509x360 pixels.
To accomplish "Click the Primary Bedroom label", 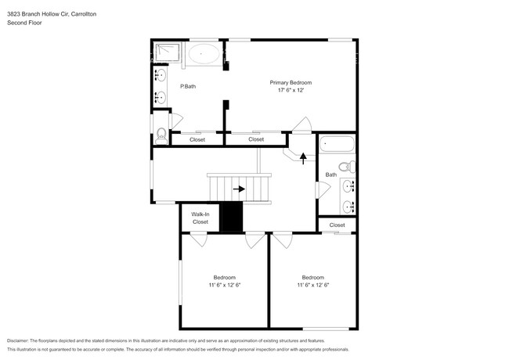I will coord(291,82).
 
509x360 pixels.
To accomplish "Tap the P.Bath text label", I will coord(187,86).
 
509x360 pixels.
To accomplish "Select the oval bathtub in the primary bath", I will coord(205,55).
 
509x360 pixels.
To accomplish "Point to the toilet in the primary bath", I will coord(161,135).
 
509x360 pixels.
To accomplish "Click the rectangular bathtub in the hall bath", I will coord(338,145).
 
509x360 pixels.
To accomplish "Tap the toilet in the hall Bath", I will coord(350,166).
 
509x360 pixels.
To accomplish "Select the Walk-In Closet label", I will coord(200,218).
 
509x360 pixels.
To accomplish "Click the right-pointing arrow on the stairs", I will coord(238,189).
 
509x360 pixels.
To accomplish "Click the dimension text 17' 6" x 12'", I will coord(291,91).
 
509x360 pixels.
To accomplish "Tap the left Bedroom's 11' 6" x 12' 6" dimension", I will coord(225,285).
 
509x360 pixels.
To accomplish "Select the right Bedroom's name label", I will coord(313,277).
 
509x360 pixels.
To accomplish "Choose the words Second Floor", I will coord(25,23).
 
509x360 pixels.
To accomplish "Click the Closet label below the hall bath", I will coord(337,225).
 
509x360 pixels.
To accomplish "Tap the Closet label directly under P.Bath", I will coord(197,140).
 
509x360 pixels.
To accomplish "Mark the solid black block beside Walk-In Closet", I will coord(233,217).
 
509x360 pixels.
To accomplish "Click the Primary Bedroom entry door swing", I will coord(301,125).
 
